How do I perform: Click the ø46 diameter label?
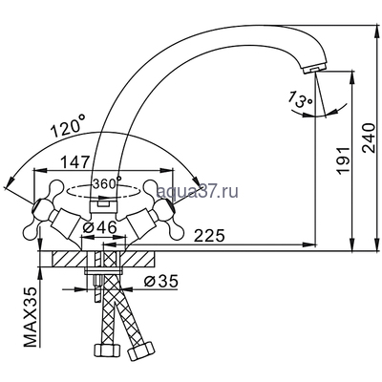(x=97, y=228)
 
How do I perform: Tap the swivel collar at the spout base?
(x=102, y=202)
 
